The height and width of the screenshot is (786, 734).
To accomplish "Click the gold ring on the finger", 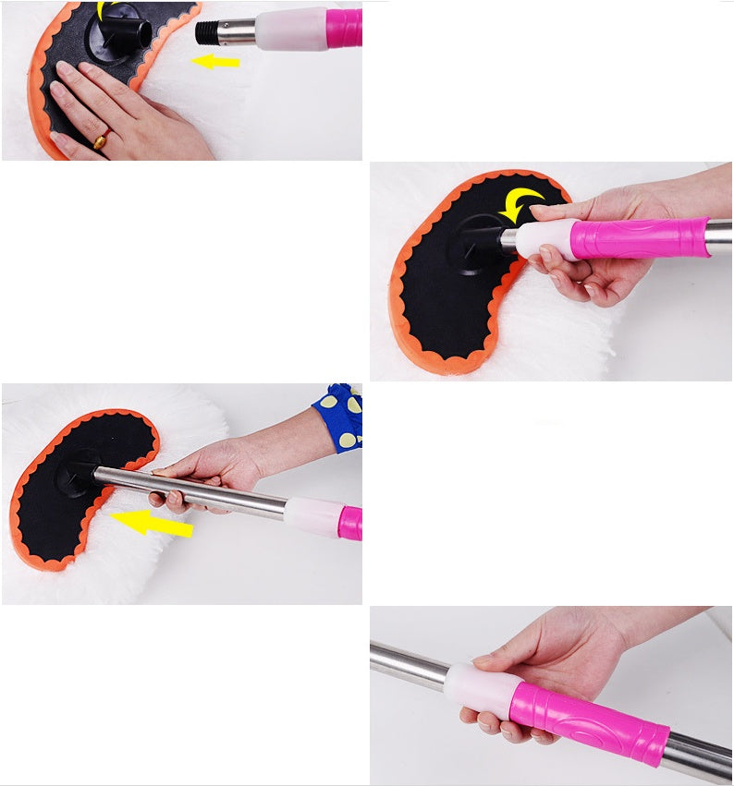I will click(x=100, y=140).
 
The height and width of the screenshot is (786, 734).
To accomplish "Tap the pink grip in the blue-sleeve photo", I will click(x=349, y=524).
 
